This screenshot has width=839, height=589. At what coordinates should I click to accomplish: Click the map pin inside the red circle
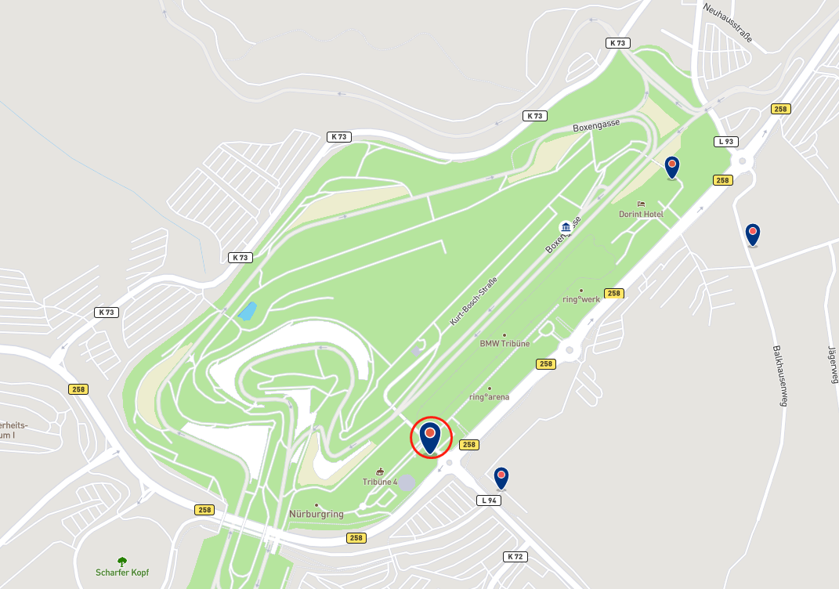pos(430,437)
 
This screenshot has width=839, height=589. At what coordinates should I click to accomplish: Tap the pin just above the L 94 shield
pos(501,477)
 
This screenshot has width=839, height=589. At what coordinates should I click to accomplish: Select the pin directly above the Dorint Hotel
pos(671,167)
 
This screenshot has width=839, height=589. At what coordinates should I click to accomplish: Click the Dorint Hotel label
pos(640,214)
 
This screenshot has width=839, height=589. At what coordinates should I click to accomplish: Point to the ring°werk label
pos(580,299)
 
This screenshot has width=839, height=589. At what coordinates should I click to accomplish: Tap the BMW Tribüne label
pos(504,343)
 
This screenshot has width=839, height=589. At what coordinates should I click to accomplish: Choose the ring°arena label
pos(489,396)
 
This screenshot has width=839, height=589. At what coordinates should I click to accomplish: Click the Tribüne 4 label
pos(380,481)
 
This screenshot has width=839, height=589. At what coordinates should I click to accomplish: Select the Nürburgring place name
pos(317,514)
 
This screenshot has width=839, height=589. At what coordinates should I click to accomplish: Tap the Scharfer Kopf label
pos(121,573)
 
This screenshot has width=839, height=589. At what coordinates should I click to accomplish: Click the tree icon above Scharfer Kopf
pos(121,561)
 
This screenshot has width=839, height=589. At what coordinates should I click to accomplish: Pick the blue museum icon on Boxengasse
pos(565,227)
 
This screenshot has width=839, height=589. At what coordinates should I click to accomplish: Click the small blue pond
pos(247,311)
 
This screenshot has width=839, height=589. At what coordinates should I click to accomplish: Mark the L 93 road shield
pos(726,142)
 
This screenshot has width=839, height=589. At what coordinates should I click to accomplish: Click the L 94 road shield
pos(489,500)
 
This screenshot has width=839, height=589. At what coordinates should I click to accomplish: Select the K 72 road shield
pos(515,556)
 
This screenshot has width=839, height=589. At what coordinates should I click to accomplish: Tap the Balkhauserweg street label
pos(779,376)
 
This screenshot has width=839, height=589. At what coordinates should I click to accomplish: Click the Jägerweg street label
pos(833,367)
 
